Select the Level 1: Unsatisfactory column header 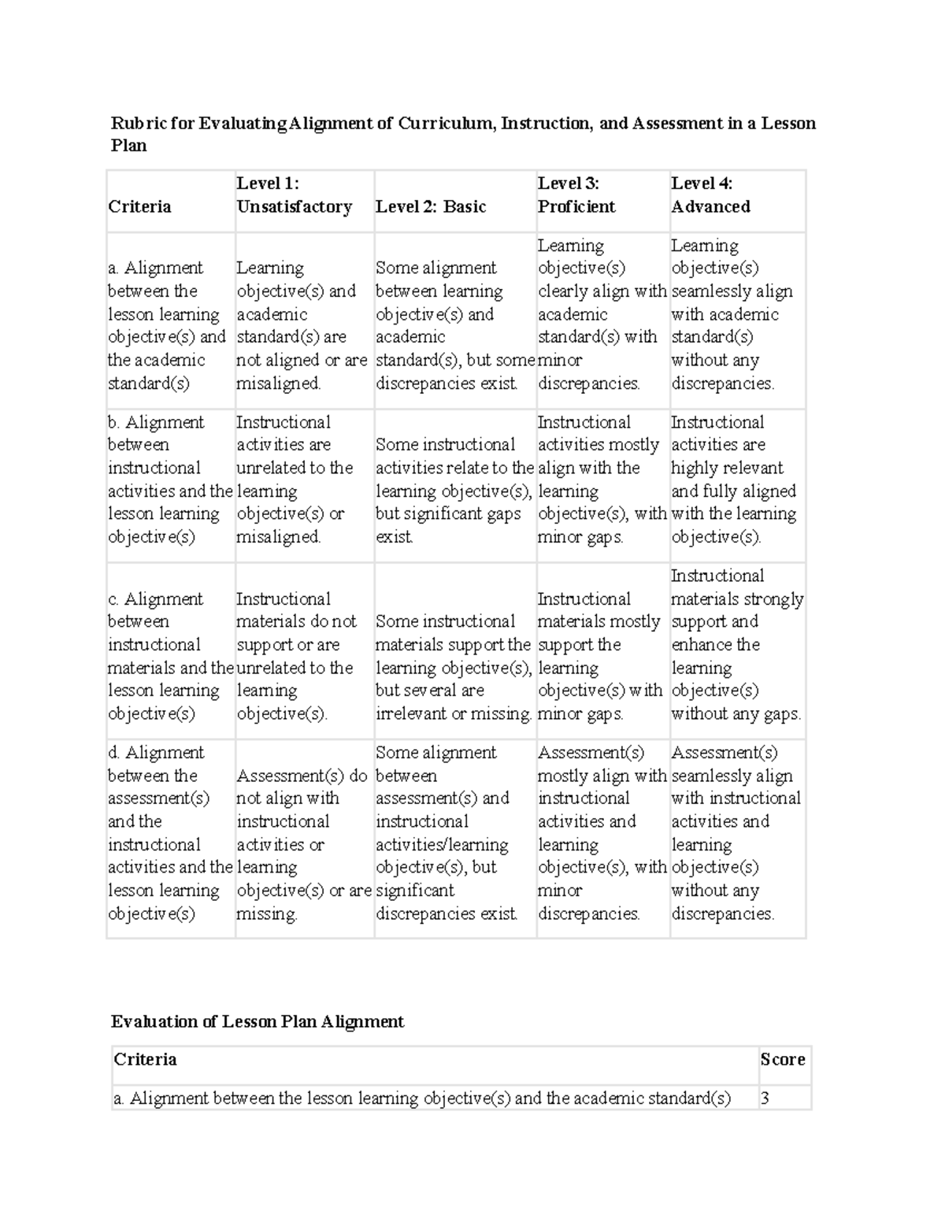(295, 195)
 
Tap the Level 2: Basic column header (431, 206)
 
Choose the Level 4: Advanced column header (710, 195)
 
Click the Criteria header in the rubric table (139, 206)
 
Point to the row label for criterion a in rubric (166, 325)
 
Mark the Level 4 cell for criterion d (736, 832)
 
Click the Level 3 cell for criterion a (602, 314)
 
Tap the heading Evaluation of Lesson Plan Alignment (258, 1021)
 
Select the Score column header (782, 1059)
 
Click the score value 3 (765, 1098)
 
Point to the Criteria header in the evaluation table (146, 1059)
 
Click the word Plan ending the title (128, 146)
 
